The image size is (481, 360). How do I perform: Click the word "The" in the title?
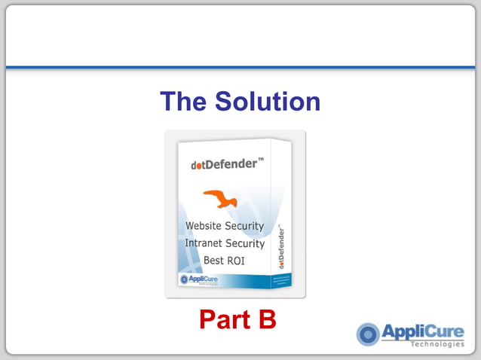point(182,101)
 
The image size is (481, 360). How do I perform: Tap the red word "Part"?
point(223,319)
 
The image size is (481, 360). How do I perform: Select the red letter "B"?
point(267,319)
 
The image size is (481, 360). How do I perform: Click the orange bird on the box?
point(221,199)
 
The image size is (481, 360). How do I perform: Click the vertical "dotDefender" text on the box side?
point(281,246)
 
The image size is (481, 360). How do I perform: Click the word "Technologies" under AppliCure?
point(437,344)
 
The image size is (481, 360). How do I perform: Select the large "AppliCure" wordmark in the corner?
point(423,331)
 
